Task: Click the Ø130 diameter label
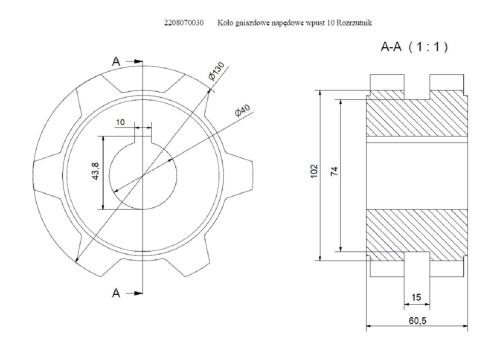tap(217, 71)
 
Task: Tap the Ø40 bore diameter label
tap(242, 111)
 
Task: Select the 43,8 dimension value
tap(95, 171)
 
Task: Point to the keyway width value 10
tap(120, 122)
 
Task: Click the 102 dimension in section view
tap(314, 171)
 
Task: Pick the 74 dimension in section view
tap(334, 171)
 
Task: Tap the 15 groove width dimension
tap(416, 297)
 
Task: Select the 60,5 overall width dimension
tap(417, 321)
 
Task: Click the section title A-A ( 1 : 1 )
tap(414, 47)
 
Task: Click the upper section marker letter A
tap(116, 62)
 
